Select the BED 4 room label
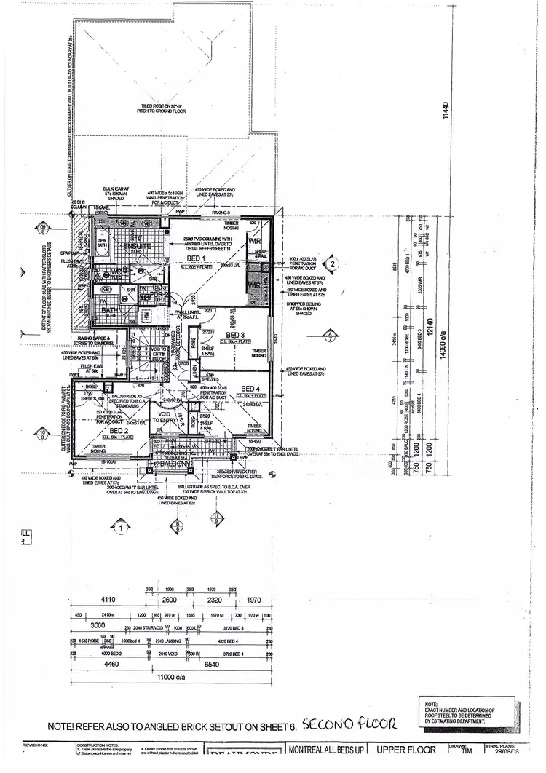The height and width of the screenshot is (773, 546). [x=250, y=387]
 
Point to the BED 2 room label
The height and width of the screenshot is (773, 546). [x=119, y=431]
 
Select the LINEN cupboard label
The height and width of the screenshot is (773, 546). [x=194, y=370]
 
